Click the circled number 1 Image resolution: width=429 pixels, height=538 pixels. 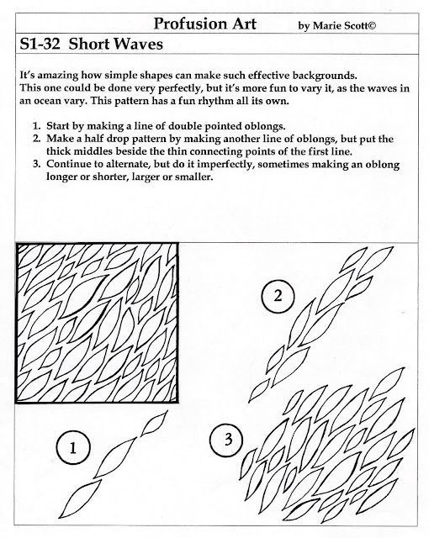[x=73, y=448]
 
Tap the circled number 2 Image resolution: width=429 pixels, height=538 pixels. [x=278, y=295]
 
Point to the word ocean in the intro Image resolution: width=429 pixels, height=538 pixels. [x=47, y=101]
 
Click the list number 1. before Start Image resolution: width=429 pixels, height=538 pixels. [x=37, y=126]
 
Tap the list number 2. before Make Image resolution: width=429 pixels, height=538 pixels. [x=37, y=139]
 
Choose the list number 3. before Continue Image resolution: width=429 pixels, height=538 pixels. [x=37, y=164]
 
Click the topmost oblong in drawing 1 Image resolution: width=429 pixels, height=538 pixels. [x=155, y=422]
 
